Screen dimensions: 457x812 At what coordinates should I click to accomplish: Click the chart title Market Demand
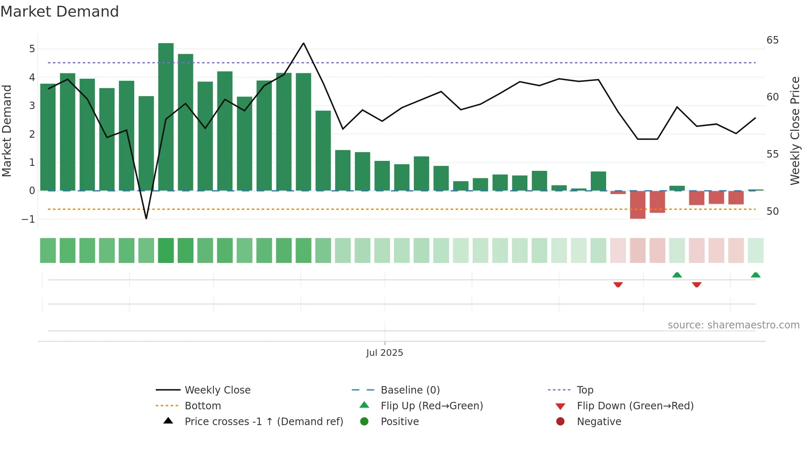[x=60, y=12]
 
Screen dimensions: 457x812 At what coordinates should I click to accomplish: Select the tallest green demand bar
[x=166, y=116]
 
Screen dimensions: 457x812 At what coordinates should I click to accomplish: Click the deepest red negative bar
[x=638, y=205]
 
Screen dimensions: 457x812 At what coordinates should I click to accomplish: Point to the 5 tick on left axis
[x=32, y=49]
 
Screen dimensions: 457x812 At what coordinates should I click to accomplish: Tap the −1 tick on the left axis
[x=29, y=219]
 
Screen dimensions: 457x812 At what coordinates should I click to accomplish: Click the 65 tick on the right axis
[x=772, y=40]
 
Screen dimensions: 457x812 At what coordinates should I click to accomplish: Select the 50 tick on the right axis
[x=772, y=211]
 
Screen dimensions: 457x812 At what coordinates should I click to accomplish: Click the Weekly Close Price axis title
[x=795, y=131]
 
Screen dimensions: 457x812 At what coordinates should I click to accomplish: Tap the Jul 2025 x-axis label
[x=384, y=353]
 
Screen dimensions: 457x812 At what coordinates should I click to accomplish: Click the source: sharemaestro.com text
[x=733, y=325]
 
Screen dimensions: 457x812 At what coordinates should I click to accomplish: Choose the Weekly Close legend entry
[x=217, y=390]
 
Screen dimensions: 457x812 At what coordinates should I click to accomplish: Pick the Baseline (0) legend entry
[x=410, y=390]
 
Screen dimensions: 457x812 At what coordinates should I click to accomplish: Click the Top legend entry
[x=585, y=390]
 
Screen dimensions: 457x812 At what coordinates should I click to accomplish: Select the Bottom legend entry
[x=203, y=406]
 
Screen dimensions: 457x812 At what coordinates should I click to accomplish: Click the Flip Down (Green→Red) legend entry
[x=635, y=406]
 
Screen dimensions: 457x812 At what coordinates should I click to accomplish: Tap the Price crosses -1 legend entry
[x=263, y=422]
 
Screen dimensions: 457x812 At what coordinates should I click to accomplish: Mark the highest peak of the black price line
[x=304, y=43]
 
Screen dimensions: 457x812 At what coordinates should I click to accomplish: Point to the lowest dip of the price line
[x=146, y=218]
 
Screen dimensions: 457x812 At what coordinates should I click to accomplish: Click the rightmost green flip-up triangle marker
[x=755, y=275]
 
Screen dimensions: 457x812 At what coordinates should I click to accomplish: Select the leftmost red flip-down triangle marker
[x=618, y=284]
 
